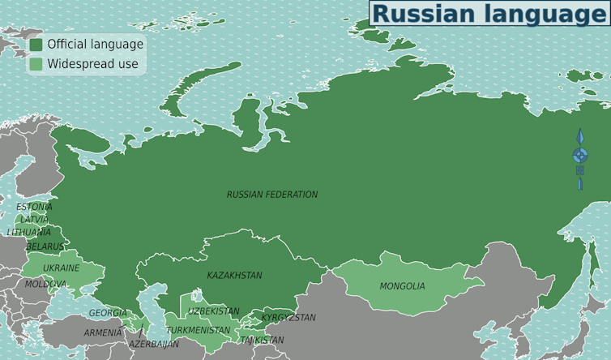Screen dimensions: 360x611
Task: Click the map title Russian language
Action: pyautogui.click(x=489, y=14)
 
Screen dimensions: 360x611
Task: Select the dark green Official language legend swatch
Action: pyautogui.click(x=36, y=45)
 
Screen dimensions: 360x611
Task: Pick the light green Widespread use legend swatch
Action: pyautogui.click(x=36, y=64)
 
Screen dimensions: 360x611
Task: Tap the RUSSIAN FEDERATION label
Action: pyautogui.click(x=272, y=195)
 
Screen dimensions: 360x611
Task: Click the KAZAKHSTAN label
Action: pyautogui.click(x=234, y=276)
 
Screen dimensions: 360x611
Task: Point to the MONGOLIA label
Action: pyautogui.click(x=402, y=286)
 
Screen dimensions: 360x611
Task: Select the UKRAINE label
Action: pyautogui.click(x=62, y=268)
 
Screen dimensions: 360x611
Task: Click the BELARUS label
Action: pyautogui.click(x=45, y=246)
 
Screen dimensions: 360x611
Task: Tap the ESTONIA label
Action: pyautogui.click(x=34, y=207)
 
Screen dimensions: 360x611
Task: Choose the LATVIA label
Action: pyautogui.click(x=35, y=219)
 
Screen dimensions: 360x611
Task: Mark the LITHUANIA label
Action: pyautogui.click(x=29, y=232)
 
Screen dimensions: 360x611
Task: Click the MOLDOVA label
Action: pyautogui.click(x=45, y=284)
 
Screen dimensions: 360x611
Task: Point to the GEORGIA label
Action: pyautogui.click(x=108, y=313)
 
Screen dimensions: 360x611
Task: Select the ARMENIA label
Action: pyautogui.click(x=103, y=332)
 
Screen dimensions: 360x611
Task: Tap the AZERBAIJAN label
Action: pyautogui.click(x=154, y=345)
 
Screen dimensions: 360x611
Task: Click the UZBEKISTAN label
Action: pyautogui.click(x=214, y=311)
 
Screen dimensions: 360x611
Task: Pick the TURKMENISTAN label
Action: pyautogui.click(x=198, y=331)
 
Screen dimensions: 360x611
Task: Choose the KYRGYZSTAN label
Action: pyautogui.click(x=288, y=318)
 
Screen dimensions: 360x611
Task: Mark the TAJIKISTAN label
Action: pyautogui.click(x=262, y=341)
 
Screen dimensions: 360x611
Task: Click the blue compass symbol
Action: pyautogui.click(x=580, y=156)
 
